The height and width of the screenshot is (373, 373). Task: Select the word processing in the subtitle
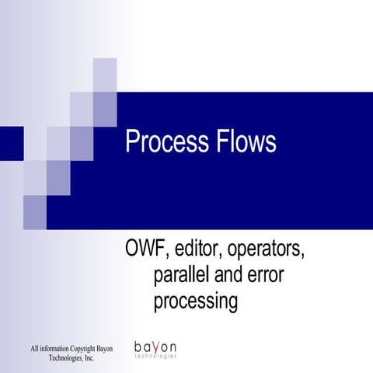195,302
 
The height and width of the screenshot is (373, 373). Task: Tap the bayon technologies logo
155,349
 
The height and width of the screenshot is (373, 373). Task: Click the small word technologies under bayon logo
155,357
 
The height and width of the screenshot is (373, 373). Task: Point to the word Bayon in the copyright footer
103,347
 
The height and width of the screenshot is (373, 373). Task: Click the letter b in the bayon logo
138,345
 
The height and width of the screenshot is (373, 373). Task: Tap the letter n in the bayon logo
173,346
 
